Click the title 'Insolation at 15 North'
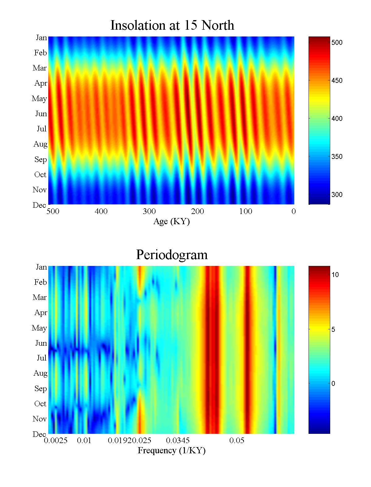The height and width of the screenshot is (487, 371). [x=172, y=25]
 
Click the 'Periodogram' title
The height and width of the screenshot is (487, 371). [x=172, y=255]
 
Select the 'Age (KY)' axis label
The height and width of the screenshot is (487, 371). [x=171, y=221]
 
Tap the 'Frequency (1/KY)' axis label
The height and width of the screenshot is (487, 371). [x=172, y=451]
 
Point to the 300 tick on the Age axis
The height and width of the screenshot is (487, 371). [x=149, y=211]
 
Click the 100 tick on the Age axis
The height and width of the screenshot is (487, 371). [x=245, y=211]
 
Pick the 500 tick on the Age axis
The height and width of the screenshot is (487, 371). [x=53, y=211]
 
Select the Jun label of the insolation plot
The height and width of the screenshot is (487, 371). [x=41, y=114]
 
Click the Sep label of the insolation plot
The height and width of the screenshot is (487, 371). [x=41, y=160]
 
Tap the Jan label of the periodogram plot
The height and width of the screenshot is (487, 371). [x=41, y=267]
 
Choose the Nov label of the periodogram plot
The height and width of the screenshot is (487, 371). [x=40, y=419]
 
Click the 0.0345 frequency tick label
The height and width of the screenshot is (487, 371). [x=178, y=441]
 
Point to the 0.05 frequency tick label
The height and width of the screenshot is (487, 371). [x=237, y=441]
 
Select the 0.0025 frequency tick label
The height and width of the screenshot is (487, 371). [x=56, y=441]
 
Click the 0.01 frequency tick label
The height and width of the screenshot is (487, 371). [x=84, y=441]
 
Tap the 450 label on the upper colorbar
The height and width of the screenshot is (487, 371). [x=337, y=81]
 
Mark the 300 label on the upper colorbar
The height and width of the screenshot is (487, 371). [x=337, y=195]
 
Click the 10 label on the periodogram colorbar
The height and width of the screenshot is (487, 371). [x=335, y=275]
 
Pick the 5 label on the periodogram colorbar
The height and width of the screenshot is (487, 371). [x=333, y=330]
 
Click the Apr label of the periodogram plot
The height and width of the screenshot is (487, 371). [x=41, y=313]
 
